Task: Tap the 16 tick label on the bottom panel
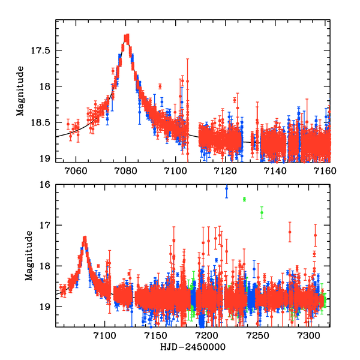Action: click(46, 185)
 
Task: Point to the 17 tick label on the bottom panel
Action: click(46, 226)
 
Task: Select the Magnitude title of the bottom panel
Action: click(28, 256)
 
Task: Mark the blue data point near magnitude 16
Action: click(226, 188)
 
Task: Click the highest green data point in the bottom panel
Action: click(244, 199)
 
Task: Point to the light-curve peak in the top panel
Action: click(127, 37)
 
